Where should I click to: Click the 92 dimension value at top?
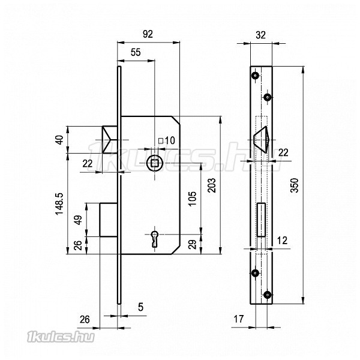point(148,34)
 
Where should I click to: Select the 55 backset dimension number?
point(136,52)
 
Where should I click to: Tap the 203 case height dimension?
point(212,185)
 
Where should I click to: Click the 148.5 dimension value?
point(59,203)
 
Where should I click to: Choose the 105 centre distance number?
point(193,199)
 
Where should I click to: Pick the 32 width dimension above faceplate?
point(260,35)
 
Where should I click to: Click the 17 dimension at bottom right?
point(238,319)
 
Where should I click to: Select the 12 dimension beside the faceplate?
point(282,241)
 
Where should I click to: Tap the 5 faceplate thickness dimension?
point(141,307)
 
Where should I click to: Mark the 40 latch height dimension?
point(59,140)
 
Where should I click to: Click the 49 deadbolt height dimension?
point(78,220)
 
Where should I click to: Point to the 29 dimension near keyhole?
point(193,244)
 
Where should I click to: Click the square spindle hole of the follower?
point(155,163)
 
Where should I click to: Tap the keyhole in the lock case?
point(155,239)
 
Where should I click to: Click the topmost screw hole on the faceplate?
point(256,76)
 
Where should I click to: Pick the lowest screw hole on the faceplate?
point(267,295)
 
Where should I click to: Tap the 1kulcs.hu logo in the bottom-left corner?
point(61,337)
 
